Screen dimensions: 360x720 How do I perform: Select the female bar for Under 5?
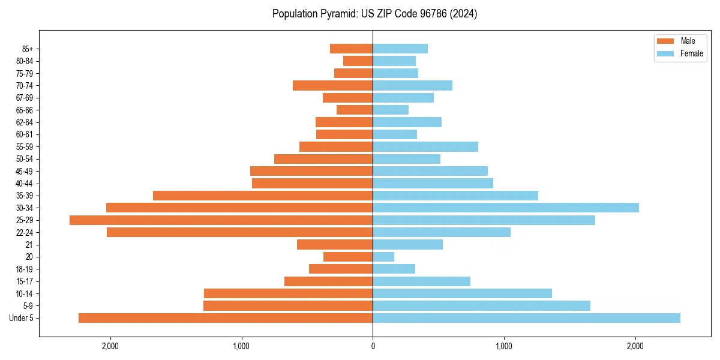(526, 318)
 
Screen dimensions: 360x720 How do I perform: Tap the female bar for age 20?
(383, 257)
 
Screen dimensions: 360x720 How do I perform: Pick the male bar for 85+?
(351, 49)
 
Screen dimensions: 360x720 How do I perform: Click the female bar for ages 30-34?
(506, 208)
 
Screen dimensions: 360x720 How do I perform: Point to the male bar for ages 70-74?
(332, 86)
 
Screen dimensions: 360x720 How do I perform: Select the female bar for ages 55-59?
(425, 147)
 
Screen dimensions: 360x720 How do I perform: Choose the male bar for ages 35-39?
(263, 196)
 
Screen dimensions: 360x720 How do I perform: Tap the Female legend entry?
(680, 53)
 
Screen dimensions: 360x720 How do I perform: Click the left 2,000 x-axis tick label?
(110, 347)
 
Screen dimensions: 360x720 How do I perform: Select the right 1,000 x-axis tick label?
(504, 347)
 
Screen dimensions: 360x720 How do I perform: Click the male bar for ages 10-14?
(288, 293)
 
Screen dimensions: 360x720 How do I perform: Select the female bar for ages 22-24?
(442, 232)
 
